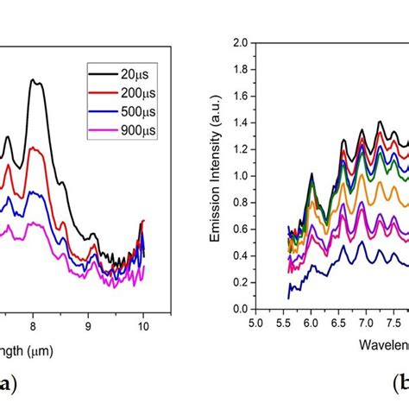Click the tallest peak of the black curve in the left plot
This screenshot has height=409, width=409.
click(x=33, y=80)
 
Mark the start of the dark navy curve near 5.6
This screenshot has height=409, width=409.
click(x=288, y=298)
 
